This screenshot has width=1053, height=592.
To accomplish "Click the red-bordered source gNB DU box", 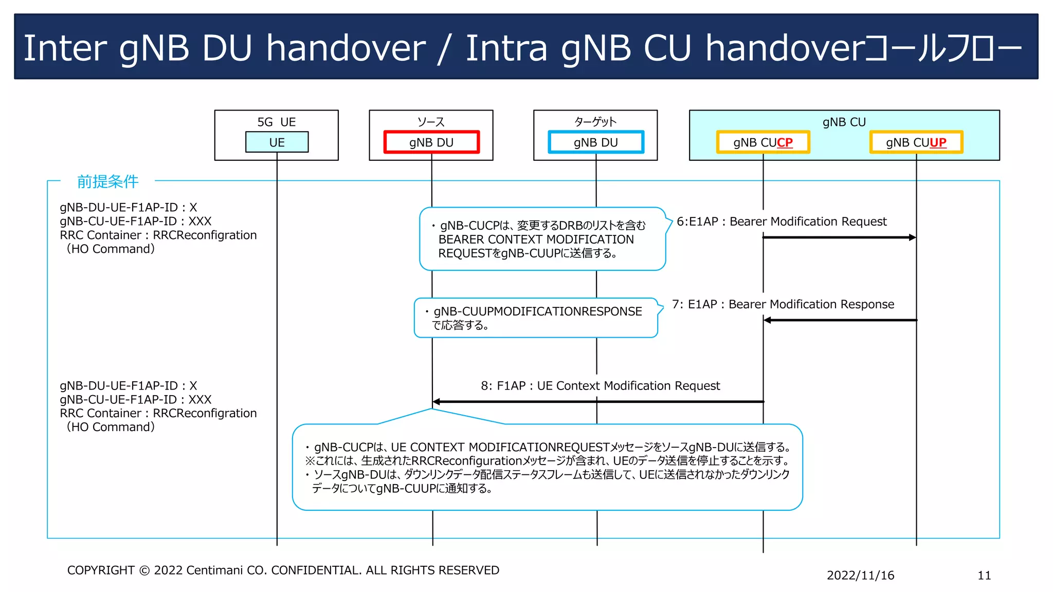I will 431,142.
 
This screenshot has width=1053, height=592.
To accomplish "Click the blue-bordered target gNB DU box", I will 595,142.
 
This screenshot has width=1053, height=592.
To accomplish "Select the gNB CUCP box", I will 763,142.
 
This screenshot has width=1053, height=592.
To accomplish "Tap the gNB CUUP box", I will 916,142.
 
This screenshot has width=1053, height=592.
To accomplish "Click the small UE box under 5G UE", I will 277,142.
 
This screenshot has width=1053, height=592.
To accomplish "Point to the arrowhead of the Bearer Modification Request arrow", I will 912,237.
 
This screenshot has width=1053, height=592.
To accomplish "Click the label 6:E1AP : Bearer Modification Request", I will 782,221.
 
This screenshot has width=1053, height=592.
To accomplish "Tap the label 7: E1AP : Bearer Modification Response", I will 783,304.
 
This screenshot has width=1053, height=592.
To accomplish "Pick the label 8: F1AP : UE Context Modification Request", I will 600,385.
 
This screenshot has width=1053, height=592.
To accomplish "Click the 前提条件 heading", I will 107,181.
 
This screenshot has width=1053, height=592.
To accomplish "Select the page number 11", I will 984,575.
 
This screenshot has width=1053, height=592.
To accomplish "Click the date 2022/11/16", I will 860,575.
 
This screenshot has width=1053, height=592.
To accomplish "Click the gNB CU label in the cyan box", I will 844,122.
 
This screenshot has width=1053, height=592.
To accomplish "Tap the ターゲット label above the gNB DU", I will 595,122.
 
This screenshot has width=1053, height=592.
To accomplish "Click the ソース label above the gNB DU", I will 431,122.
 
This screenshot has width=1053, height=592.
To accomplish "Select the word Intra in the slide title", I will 506,48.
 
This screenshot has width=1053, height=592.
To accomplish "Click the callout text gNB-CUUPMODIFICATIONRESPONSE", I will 537,311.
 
